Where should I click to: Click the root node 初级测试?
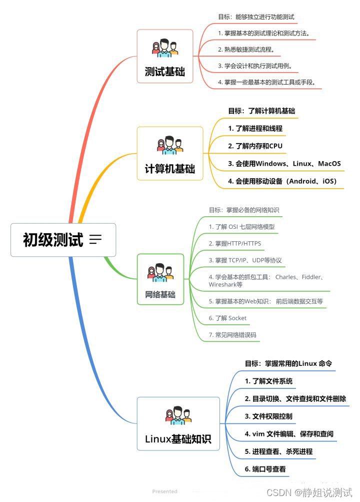tap(53, 240)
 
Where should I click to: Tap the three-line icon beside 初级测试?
tap(95, 240)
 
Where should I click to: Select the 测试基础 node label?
tap(164, 72)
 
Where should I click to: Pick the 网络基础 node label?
tap(160, 295)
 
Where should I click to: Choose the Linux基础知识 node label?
tap(178, 439)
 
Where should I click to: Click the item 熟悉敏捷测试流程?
tap(246, 50)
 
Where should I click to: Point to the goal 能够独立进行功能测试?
tap(256, 17)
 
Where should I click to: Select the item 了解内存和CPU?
tap(255, 146)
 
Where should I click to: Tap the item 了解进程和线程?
tap(255, 129)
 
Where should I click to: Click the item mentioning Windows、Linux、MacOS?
tap(284, 164)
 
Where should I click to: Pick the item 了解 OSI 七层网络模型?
tap(241, 227)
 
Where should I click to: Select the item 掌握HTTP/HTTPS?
tap(234, 243)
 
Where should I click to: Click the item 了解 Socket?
tap(227, 318)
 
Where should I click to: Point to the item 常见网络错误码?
tap(232, 334)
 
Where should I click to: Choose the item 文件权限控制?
tap(268, 416)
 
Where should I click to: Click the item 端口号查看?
tap(265, 469)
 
